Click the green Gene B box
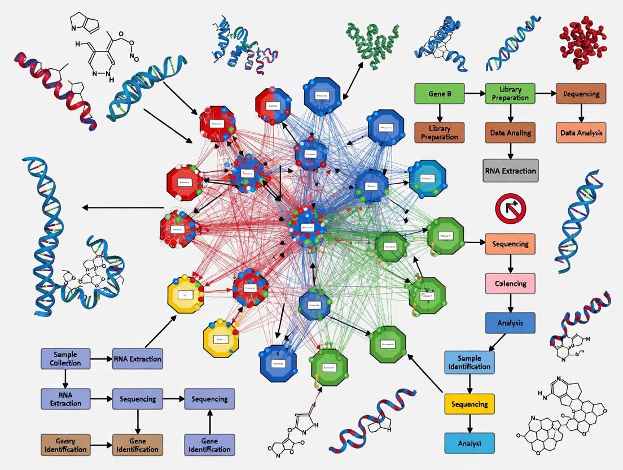coord(439,93)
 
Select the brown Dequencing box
coord(581,93)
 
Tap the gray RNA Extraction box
coord(510,170)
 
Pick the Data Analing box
coord(510,132)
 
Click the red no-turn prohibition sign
coord(510,208)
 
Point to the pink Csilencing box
coord(510,283)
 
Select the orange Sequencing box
coord(510,244)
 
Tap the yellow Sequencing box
coord(470,404)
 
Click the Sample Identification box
coord(470,363)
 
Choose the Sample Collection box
coord(65,359)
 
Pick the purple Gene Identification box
coord(209,445)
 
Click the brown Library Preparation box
coord(439,132)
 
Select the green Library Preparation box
coord(510,93)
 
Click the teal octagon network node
coord(427,180)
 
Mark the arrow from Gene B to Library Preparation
coord(475,93)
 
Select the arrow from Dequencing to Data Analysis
coord(581,112)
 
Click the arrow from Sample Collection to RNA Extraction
coord(101,359)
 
